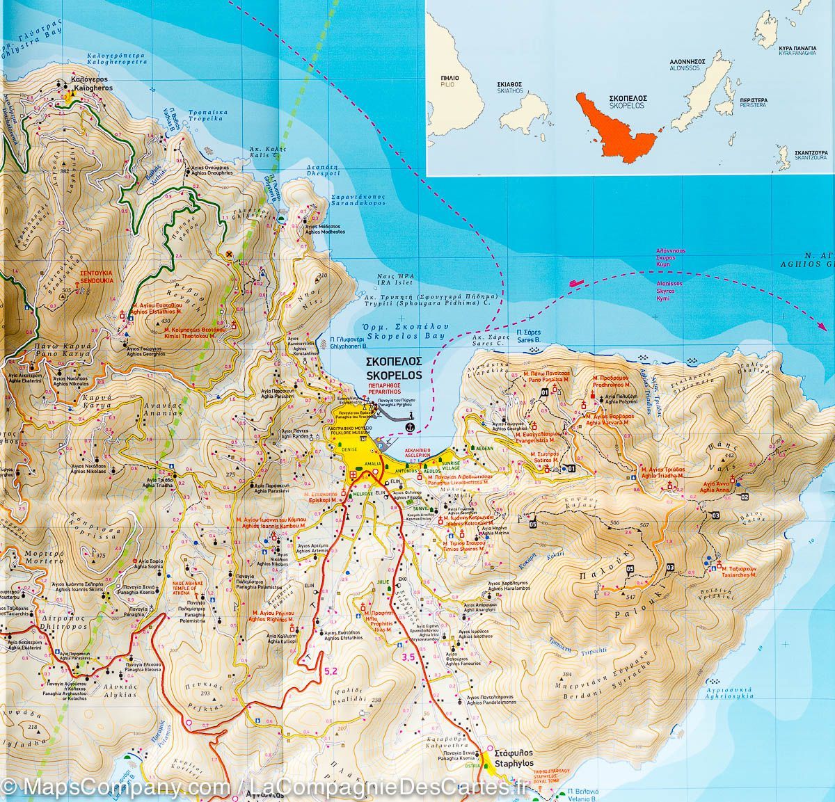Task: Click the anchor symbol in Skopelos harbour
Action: pyautogui.click(x=410, y=424)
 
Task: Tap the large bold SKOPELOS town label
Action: pyautogui.click(x=395, y=369)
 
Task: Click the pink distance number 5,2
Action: pyautogui.click(x=331, y=671)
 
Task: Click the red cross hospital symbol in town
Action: pyautogui.click(x=353, y=475)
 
